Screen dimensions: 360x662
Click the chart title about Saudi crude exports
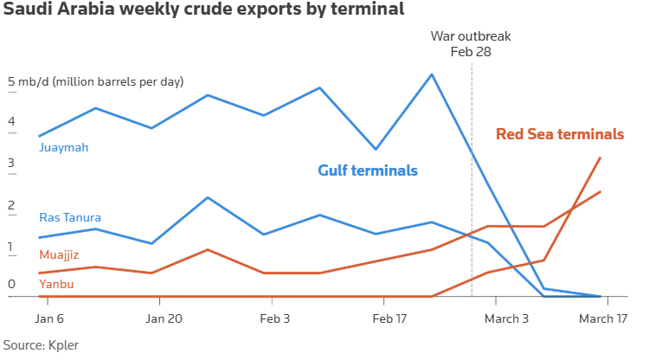pos(202,11)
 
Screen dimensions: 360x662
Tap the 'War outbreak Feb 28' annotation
pos(471,43)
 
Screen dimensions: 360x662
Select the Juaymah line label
pos(64,147)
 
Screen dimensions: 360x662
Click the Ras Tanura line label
pos(71,217)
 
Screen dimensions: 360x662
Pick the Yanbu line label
pos(56,284)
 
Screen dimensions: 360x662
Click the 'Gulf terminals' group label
pos(368,170)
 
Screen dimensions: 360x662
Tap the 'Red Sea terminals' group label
pos(560,134)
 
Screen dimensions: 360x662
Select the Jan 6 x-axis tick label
pos(46,318)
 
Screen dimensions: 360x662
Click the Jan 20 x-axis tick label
pos(164,318)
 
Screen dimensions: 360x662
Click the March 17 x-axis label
pos(603,318)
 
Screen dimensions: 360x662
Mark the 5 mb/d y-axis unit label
pos(96,82)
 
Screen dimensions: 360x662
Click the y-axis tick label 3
pos(12,164)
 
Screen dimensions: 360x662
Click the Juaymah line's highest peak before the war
pos(432,74)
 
